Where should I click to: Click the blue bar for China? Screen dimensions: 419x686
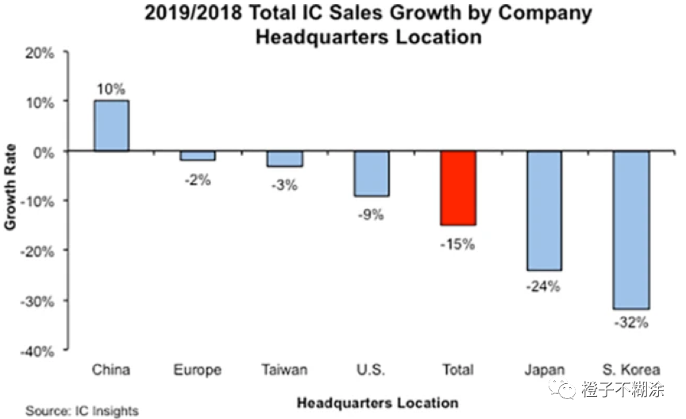click(x=111, y=126)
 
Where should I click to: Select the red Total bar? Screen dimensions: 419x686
click(x=458, y=188)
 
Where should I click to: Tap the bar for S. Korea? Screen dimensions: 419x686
click(x=631, y=229)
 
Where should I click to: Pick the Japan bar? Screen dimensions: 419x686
click(x=544, y=210)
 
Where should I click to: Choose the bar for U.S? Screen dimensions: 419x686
click(x=372, y=173)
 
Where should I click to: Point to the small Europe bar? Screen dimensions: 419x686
click(x=197, y=156)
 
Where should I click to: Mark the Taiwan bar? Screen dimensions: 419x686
click(x=284, y=158)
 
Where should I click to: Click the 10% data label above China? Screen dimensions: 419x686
click(x=111, y=89)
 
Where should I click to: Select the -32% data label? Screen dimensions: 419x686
click(x=631, y=323)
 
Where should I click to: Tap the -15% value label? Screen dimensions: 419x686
click(x=458, y=244)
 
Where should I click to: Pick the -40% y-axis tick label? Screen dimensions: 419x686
click(x=37, y=351)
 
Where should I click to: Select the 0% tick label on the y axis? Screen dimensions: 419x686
click(x=42, y=151)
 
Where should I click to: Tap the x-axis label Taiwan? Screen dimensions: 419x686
click(x=284, y=370)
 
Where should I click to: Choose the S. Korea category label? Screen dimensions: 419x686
click(x=631, y=370)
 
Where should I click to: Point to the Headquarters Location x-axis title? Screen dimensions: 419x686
click(x=377, y=402)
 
